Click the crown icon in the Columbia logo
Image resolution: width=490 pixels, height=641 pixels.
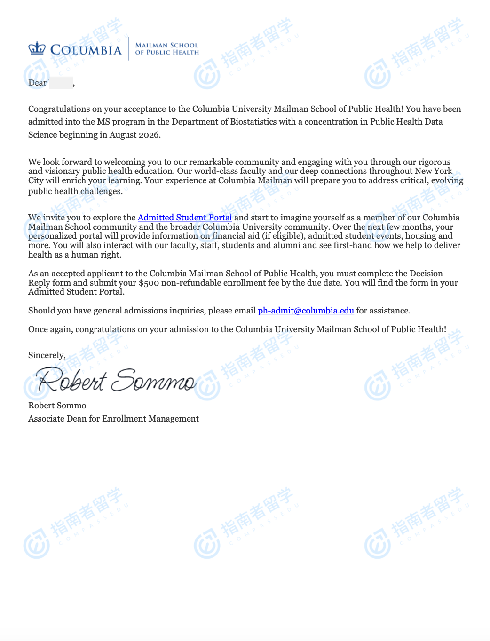[37, 48]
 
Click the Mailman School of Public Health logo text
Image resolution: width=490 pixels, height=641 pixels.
[167, 49]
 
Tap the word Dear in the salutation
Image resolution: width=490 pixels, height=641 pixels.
[38, 83]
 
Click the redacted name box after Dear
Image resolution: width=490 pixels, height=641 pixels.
[61, 83]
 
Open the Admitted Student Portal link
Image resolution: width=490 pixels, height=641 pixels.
[184, 218]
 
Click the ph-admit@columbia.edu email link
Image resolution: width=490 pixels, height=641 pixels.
[306, 311]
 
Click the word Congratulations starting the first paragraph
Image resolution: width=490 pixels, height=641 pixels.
[59, 109]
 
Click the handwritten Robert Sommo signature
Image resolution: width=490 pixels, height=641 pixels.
[116, 381]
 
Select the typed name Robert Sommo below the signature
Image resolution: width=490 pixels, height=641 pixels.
[57, 406]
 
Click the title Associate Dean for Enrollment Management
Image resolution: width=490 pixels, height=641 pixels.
[113, 419]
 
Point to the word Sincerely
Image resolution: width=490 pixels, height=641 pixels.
[47, 355]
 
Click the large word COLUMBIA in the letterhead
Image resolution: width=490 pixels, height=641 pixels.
[86, 50]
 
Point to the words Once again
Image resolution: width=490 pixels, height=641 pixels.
[50, 329]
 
